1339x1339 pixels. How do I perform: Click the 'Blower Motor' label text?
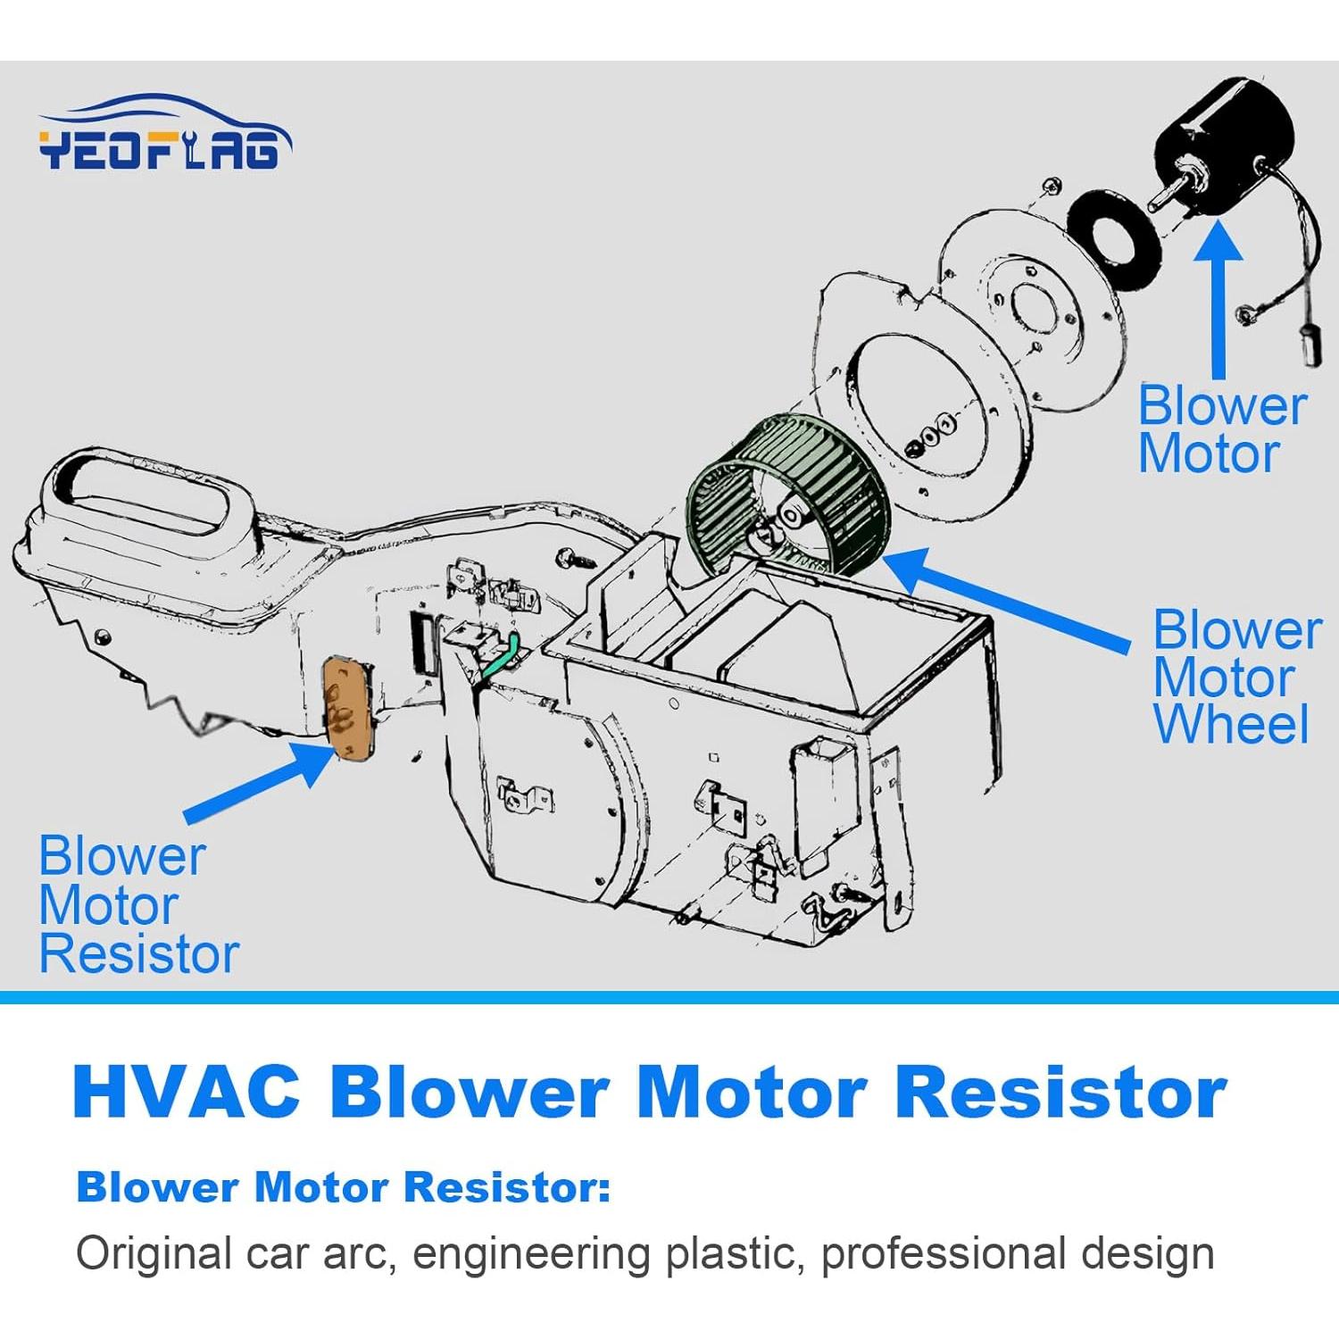(1221, 430)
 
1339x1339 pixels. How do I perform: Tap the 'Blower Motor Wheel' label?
(1235, 677)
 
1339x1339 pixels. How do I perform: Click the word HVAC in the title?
(186, 1092)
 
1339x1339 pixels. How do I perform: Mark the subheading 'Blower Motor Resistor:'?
(343, 1187)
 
